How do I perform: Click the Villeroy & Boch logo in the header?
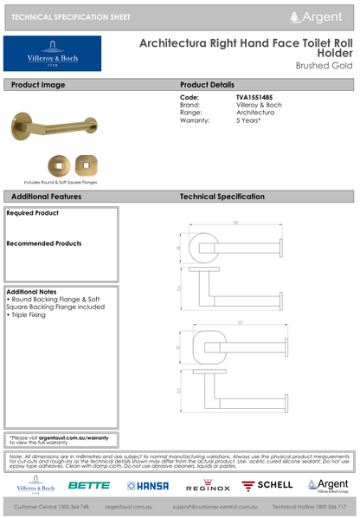pos(52,54)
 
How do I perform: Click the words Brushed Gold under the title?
pos(325,65)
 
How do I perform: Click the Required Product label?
pos(32,212)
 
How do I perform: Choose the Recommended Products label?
pos(43,243)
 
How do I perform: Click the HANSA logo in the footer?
pos(149,486)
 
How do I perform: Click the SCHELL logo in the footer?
pos(267,486)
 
